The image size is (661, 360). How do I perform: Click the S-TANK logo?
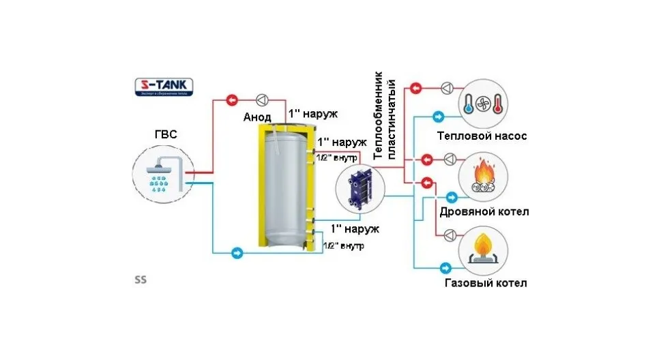click(163, 88)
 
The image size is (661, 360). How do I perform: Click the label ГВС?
click(165, 134)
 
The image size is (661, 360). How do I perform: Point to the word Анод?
click(257, 117)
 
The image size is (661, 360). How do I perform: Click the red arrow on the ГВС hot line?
click(233, 97)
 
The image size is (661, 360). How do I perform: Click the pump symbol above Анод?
click(263, 97)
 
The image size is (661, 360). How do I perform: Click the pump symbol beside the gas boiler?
click(450, 235)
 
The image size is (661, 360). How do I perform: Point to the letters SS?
click(141, 280)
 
